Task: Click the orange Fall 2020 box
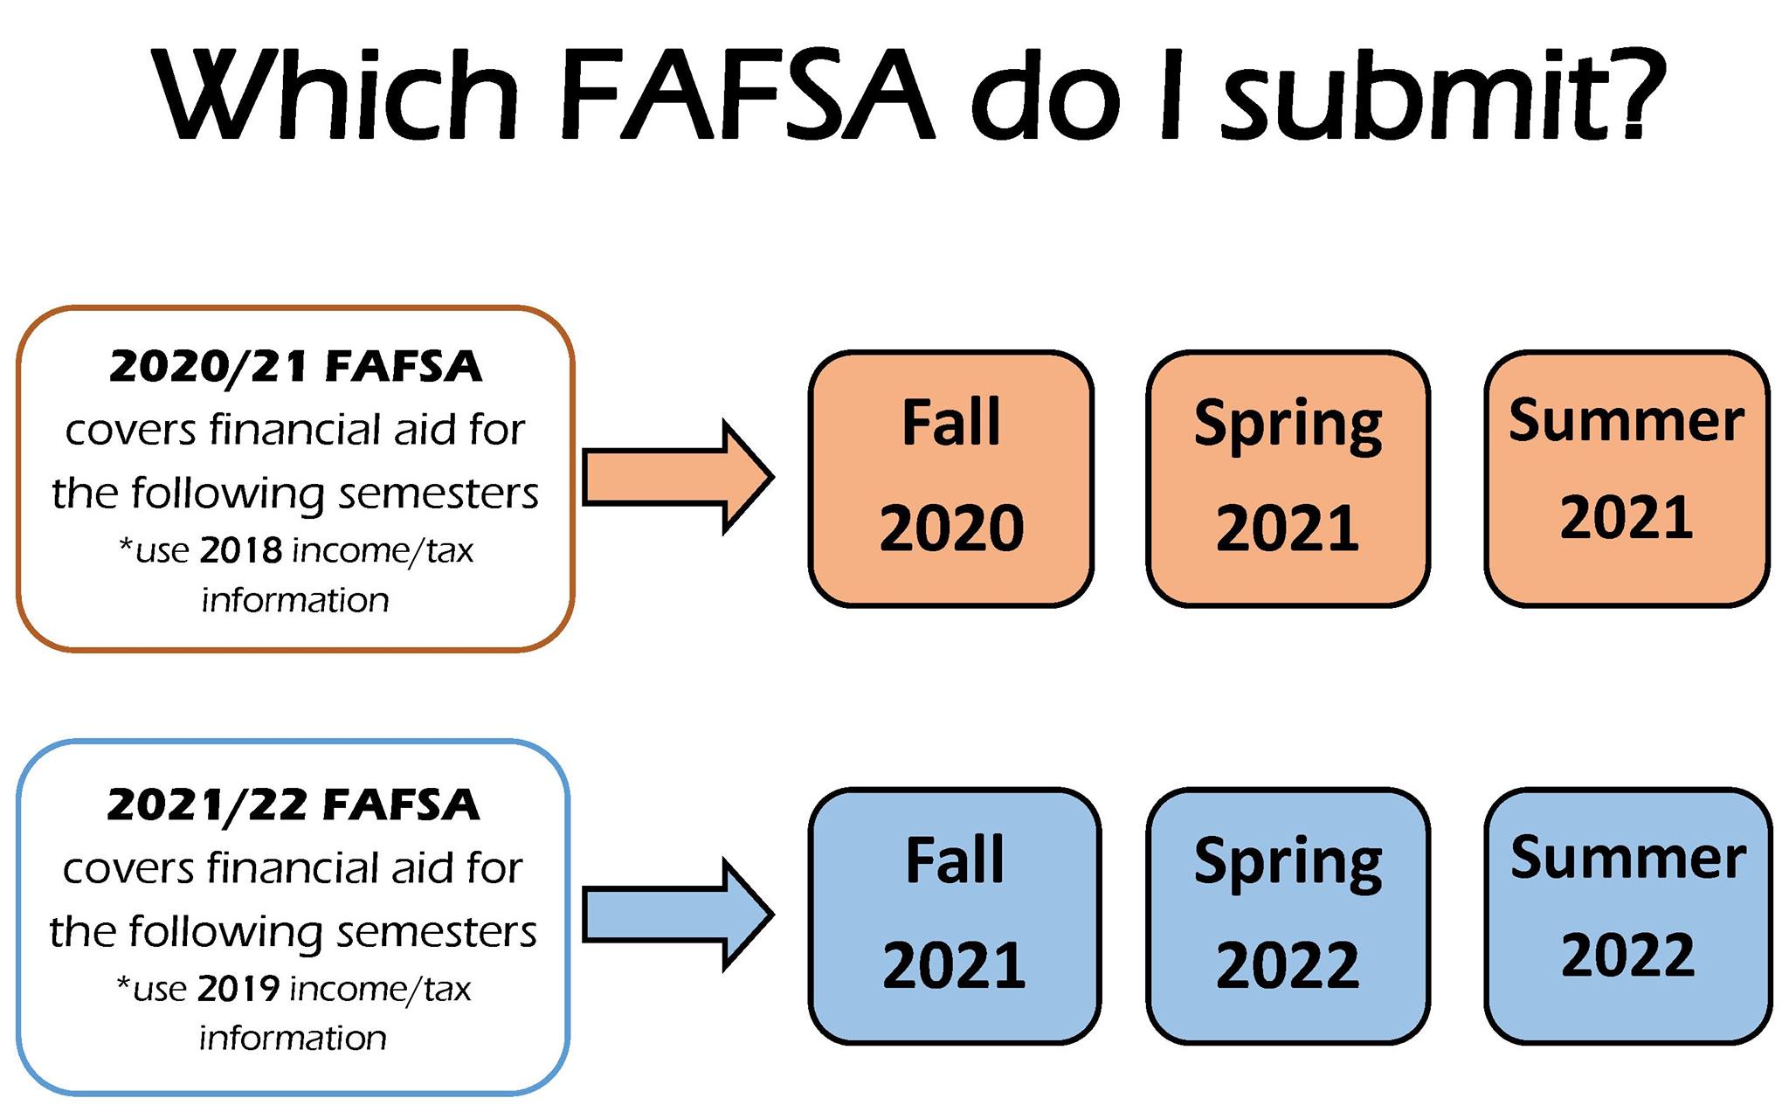coord(951,479)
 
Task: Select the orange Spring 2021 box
coord(1288,479)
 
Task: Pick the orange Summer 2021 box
coord(1627,479)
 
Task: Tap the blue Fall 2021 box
coord(954,915)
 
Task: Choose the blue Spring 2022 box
coord(1288,915)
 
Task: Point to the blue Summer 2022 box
coord(1628,915)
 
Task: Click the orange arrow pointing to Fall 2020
coord(678,477)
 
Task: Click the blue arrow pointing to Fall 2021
coord(678,915)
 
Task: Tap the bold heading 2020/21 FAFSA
coord(295,367)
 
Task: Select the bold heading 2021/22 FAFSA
coord(294,805)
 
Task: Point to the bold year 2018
coord(241,550)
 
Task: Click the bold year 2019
coord(238,989)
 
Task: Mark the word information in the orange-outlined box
coord(295,600)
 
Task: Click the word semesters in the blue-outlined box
coord(437,933)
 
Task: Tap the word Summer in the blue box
coord(1628,858)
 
